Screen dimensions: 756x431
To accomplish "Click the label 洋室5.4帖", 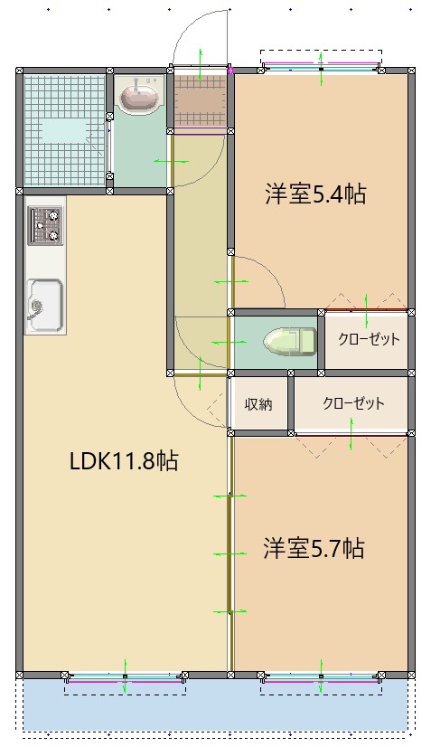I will [314, 194].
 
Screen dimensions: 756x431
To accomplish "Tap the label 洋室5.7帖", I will [314, 548].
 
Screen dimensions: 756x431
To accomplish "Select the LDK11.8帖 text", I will [124, 461].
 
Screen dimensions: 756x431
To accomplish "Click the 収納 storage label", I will [258, 404].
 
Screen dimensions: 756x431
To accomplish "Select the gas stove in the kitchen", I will [44, 226].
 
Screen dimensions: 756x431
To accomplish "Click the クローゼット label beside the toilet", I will [368, 340].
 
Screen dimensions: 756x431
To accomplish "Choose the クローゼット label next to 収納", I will [353, 403].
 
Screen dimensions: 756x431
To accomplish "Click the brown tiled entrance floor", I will [200, 100].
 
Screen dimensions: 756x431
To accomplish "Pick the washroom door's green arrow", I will [171, 162].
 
